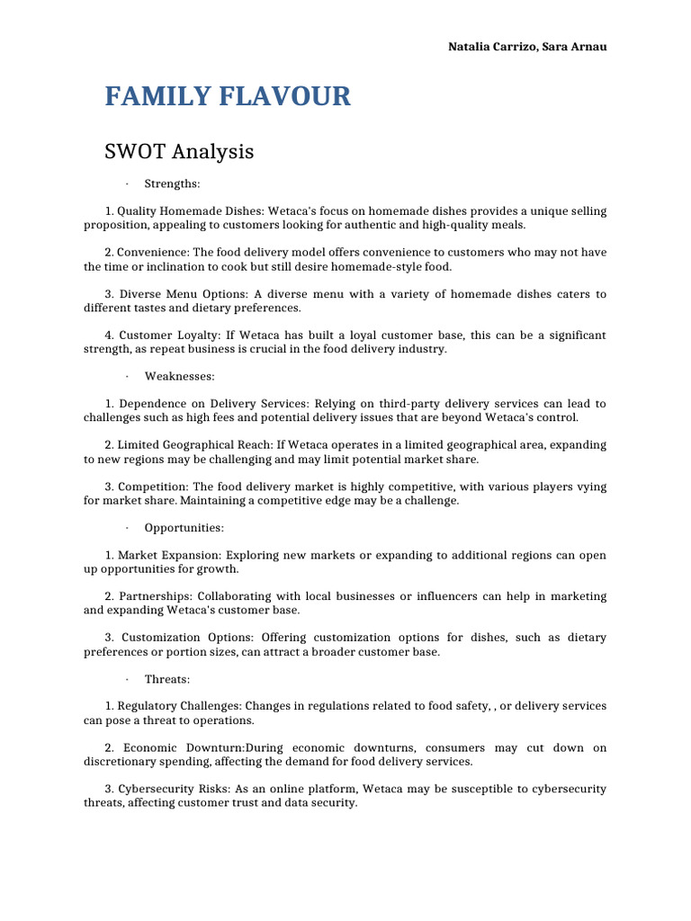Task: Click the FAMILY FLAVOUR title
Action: (228, 96)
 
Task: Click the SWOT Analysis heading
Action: (179, 151)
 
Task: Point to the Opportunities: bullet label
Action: (184, 528)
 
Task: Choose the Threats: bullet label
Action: (167, 679)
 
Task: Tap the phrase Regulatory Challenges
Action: (185, 706)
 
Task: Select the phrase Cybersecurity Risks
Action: (178, 789)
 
